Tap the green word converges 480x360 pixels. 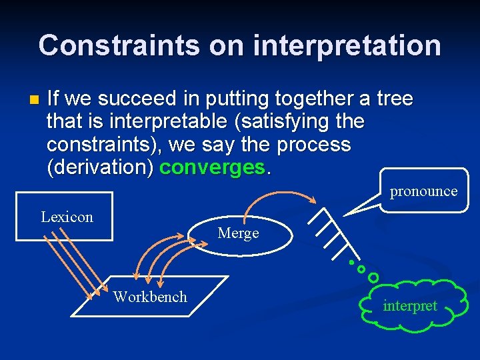pos(212,167)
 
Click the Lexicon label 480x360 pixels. pos(67,217)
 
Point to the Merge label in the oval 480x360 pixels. pos(238,233)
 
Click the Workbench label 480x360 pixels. pos(150,297)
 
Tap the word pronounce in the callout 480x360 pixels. pos(423,191)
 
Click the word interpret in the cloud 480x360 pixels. pos(410,306)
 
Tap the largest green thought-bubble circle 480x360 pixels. pos(373,277)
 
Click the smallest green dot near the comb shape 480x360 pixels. pos(351,262)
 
